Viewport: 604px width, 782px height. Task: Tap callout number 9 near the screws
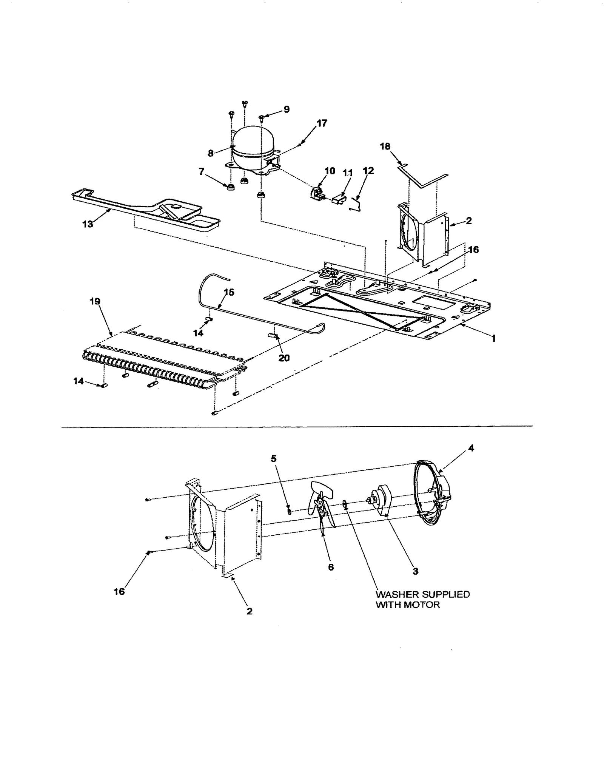pyautogui.click(x=287, y=110)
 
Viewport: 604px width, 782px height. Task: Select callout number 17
pyautogui.click(x=322, y=123)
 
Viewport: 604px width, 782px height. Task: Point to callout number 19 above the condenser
pyautogui.click(x=95, y=301)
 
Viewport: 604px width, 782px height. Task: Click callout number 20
pyautogui.click(x=284, y=358)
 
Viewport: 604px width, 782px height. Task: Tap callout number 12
pyautogui.click(x=368, y=171)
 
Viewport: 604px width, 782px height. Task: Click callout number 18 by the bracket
pyautogui.click(x=385, y=147)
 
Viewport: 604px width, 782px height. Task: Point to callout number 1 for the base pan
pyautogui.click(x=493, y=338)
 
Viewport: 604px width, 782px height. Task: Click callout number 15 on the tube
pyautogui.click(x=229, y=292)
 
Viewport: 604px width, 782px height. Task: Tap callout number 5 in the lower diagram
pyautogui.click(x=274, y=458)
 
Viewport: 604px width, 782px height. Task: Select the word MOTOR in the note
pyautogui.click(x=422, y=605)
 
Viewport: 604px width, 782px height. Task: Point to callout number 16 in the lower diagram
pyautogui.click(x=119, y=591)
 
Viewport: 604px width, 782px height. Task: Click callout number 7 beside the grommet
pyautogui.click(x=202, y=172)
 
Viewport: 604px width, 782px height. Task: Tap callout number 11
pyautogui.click(x=347, y=173)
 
